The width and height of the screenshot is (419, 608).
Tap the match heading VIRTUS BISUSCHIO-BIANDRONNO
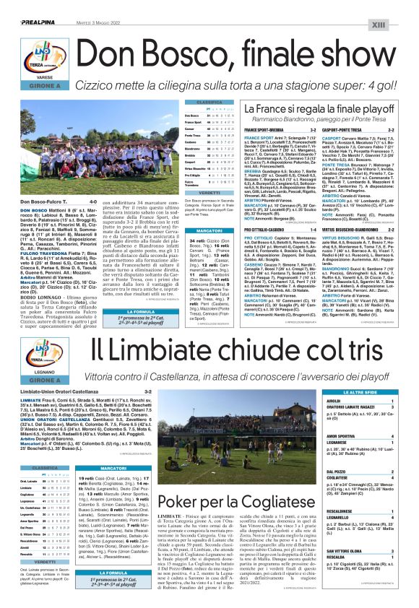click(x=338, y=229)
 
